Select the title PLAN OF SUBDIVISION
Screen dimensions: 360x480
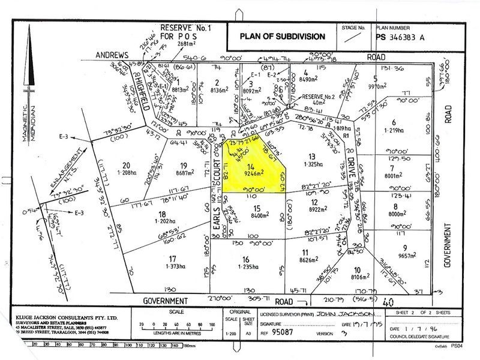pos(282,36)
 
